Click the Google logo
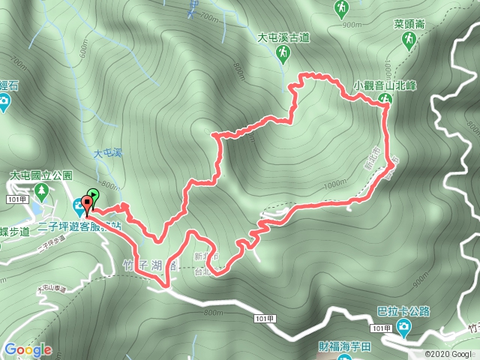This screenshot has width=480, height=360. pos(28,349)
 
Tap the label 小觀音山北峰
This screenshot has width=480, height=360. pos(385,85)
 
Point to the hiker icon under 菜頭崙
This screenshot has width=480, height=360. pos(409,41)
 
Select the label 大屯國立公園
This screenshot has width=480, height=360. pos(40,175)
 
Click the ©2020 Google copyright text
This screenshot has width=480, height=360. pos(450,354)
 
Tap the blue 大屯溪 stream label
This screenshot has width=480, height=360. pos(106,153)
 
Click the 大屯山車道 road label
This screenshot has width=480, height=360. pos(50,287)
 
